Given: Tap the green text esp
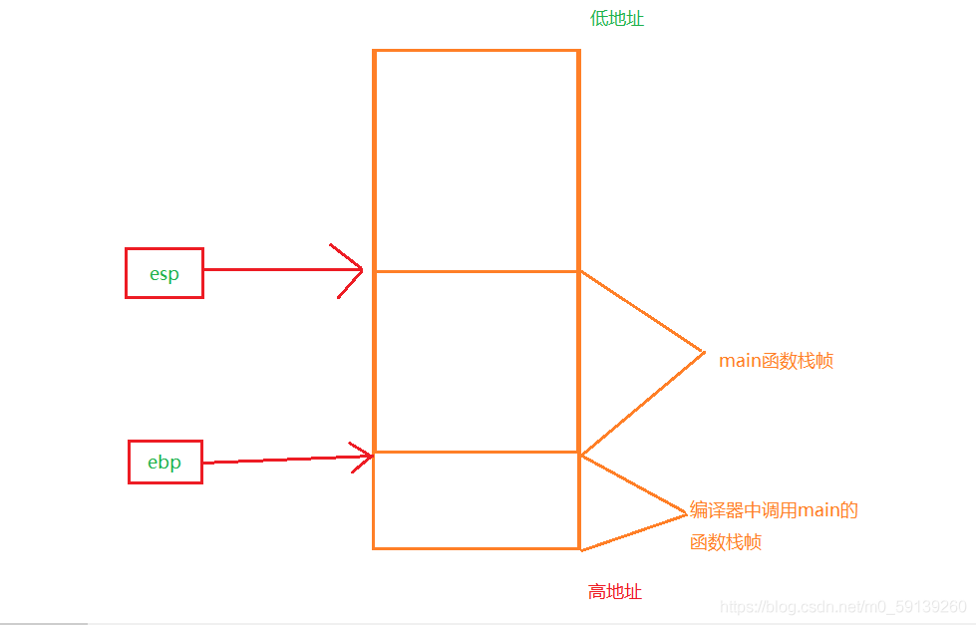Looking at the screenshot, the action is (x=164, y=274).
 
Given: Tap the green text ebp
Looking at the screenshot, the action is (x=164, y=462).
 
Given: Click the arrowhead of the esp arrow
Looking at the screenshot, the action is (x=362, y=269).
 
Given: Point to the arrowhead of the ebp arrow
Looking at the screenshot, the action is (x=372, y=457).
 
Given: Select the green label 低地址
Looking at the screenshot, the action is (x=617, y=19).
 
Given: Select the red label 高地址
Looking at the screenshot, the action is (x=615, y=591).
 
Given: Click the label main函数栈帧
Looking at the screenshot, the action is (x=777, y=361).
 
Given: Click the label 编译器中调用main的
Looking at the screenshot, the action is (x=774, y=510).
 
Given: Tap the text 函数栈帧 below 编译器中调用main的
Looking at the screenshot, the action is (x=726, y=542).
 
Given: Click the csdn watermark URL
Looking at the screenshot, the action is (x=842, y=607).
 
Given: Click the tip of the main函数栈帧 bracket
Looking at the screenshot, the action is (x=705, y=352).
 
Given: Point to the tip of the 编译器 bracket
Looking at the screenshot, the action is (x=687, y=514).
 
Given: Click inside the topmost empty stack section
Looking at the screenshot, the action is (x=477, y=160).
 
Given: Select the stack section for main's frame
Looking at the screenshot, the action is (x=477, y=362).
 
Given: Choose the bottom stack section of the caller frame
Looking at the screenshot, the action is (x=477, y=500).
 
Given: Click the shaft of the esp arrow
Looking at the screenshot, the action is (x=282, y=269).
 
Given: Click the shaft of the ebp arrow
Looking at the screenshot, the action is (x=287, y=460).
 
